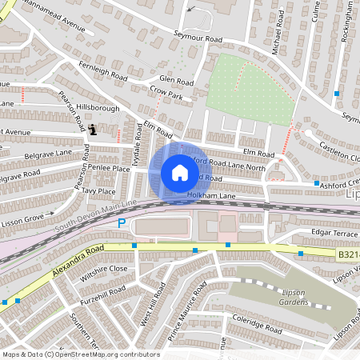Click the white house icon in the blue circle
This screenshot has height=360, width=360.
(x=179, y=173)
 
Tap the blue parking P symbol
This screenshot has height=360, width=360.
(x=122, y=224)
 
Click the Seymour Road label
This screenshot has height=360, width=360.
(x=197, y=37)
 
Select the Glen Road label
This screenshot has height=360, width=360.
(x=176, y=81)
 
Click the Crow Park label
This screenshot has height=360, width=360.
(x=166, y=95)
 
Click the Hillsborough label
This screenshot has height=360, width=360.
(x=98, y=106)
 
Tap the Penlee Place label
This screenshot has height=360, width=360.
(x=110, y=169)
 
